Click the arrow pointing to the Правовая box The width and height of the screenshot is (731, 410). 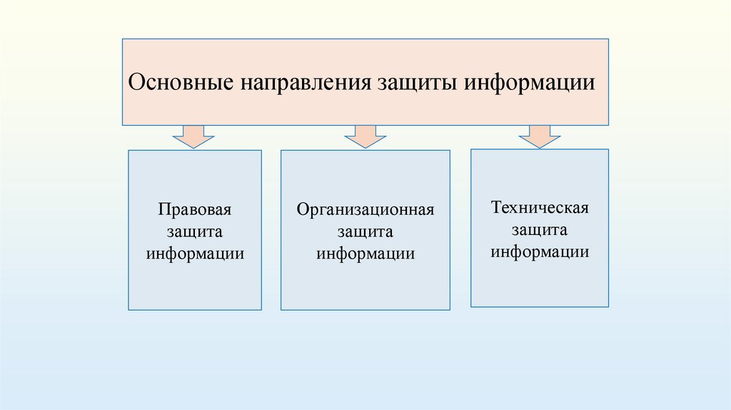tap(193, 136)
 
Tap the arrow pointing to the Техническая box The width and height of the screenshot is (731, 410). tap(540, 136)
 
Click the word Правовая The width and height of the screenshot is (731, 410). tap(196, 211)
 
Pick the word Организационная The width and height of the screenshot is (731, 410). tap(365, 211)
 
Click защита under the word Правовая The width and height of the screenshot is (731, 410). tap(196, 233)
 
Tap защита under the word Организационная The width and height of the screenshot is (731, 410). tap(365, 232)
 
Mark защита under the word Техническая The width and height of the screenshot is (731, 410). tap(540, 230)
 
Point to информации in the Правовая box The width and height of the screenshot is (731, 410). tap(196, 254)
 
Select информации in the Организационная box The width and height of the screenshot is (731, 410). tap(365, 254)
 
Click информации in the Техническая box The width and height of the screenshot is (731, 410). tap(540, 251)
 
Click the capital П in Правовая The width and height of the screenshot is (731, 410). tap(163, 211)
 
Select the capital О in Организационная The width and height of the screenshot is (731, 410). tap(302, 211)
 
